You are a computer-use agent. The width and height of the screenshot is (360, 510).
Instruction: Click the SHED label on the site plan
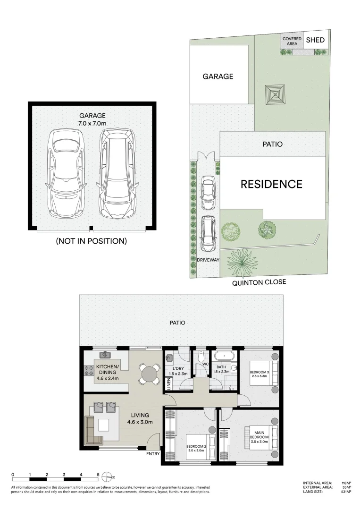(x=315, y=40)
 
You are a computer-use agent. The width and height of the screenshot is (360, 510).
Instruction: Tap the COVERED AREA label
(x=292, y=41)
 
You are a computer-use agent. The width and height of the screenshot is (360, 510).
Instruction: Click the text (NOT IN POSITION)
(x=92, y=241)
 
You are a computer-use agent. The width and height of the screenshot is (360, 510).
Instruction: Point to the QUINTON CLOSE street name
(x=259, y=283)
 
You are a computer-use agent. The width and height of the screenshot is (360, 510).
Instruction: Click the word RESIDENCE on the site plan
(x=271, y=184)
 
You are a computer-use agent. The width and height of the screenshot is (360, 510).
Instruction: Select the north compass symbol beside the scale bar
(x=109, y=476)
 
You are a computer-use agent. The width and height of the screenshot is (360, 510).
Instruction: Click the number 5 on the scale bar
(x=98, y=475)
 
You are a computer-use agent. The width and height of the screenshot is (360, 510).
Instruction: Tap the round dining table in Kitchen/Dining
(x=149, y=375)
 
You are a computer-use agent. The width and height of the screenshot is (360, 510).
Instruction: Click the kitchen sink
(x=104, y=354)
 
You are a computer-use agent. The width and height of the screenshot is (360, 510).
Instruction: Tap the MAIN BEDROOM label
(x=259, y=434)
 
